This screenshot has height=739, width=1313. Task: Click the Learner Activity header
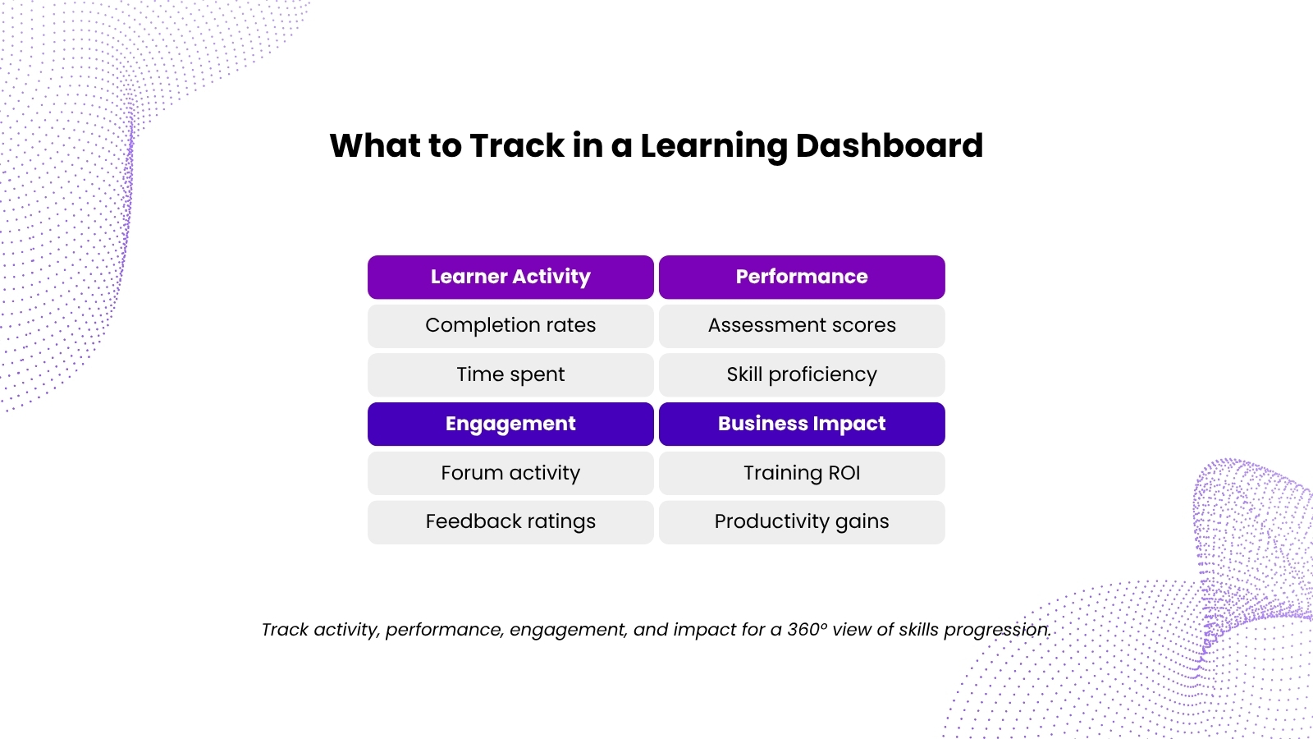tap(510, 277)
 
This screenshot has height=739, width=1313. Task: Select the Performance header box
tap(802, 277)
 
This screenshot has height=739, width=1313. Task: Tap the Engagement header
tap(510, 424)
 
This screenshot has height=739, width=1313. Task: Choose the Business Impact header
tap(802, 424)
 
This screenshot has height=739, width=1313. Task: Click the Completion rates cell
tap(510, 326)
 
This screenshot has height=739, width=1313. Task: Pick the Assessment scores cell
tap(802, 326)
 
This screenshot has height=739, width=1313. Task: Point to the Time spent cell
tap(510, 374)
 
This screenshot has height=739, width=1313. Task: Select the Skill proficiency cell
tap(802, 374)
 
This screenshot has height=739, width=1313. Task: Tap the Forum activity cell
tap(510, 473)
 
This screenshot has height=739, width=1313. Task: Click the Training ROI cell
tap(802, 473)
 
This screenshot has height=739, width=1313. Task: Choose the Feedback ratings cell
tap(510, 522)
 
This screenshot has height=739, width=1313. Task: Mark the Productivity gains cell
tap(802, 522)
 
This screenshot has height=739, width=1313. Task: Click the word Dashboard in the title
tap(890, 145)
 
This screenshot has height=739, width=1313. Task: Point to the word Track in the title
tap(516, 145)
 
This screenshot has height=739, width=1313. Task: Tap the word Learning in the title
tap(713, 147)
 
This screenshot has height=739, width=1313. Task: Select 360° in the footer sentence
tap(807, 629)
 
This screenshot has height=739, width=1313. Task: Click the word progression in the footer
tap(997, 630)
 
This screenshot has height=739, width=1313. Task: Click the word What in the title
tap(375, 145)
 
